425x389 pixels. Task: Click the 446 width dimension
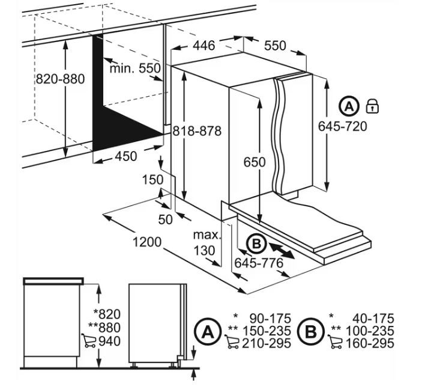pyautogui.click(x=204, y=45)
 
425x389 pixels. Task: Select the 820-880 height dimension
pyautogui.click(x=60, y=79)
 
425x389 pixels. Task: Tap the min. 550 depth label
pyautogui.click(x=135, y=68)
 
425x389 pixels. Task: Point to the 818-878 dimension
pyautogui.click(x=197, y=131)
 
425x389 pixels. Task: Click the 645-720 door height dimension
pyautogui.click(x=342, y=126)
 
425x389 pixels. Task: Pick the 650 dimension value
pyautogui.click(x=255, y=162)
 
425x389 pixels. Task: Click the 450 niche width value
pyautogui.click(x=126, y=156)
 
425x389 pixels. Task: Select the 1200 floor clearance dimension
pyautogui.click(x=147, y=242)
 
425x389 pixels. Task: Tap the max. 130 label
pyautogui.click(x=207, y=243)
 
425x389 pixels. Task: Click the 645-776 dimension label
pyautogui.click(x=259, y=263)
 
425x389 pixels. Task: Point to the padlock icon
pyautogui.click(x=372, y=106)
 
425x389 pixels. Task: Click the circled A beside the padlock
pyautogui.click(x=349, y=106)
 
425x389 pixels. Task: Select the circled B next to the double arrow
pyautogui.click(x=256, y=244)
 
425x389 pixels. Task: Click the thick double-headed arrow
pyautogui.click(x=282, y=251)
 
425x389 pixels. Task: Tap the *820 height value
pyautogui.click(x=107, y=314)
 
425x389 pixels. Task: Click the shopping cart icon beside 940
pyautogui.click(x=89, y=341)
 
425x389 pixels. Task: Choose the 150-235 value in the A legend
pyautogui.click(x=267, y=331)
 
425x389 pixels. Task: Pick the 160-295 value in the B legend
pyautogui.click(x=370, y=343)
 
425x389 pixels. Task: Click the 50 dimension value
pyautogui.click(x=165, y=219)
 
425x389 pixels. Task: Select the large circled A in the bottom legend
pyautogui.click(x=208, y=331)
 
